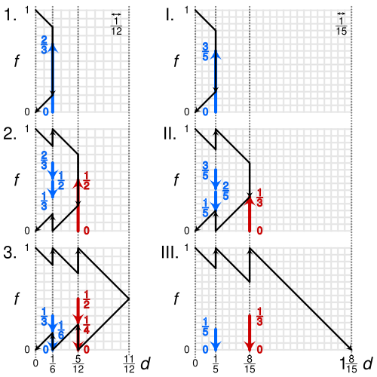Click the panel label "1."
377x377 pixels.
[11, 15]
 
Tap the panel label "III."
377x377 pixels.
[170, 253]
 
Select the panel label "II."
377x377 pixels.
[170, 133]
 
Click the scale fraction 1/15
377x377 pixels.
[341, 26]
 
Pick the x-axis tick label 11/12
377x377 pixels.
[129, 364]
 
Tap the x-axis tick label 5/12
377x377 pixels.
[78, 364]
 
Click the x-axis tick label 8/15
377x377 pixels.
[250, 364]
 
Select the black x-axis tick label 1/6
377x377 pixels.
[53, 364]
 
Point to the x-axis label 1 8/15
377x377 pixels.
[349, 364]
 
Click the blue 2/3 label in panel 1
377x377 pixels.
[44, 44]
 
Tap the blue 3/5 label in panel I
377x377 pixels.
[205, 51]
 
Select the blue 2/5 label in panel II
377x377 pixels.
[225, 191]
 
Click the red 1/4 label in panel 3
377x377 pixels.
[86, 325]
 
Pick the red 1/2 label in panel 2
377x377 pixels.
[86, 180]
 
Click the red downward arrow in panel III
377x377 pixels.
[250, 333]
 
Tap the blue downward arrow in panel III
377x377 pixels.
[216, 339]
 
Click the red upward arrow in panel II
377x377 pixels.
[250, 213]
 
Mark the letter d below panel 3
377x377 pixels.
[146, 363]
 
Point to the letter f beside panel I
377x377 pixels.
[176, 61]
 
